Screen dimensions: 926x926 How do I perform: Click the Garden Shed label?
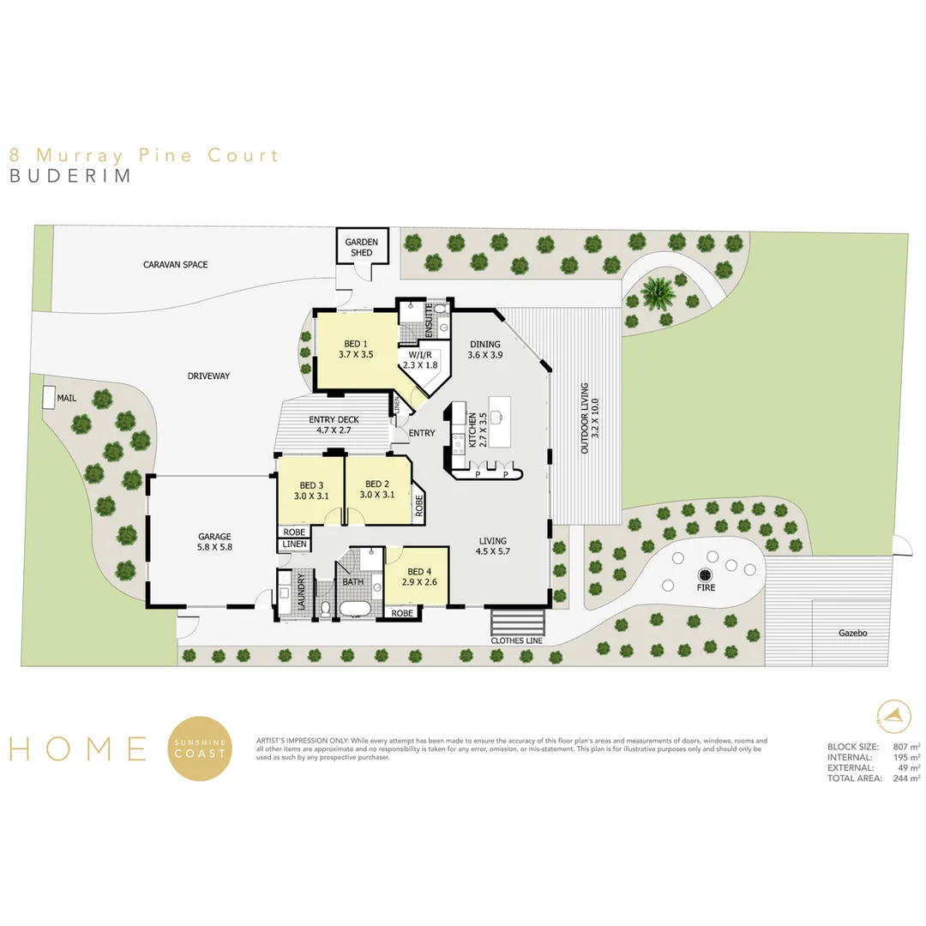point(362,247)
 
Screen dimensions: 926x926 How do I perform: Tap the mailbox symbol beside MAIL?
point(49,397)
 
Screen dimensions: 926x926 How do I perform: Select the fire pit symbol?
point(705,574)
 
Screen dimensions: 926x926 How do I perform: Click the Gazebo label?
point(853,633)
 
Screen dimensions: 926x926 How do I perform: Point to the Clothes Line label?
point(517,640)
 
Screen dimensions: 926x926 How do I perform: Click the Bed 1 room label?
point(356,349)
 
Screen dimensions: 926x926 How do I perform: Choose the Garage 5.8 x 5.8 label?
point(214,542)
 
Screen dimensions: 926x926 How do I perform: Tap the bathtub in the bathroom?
point(354,609)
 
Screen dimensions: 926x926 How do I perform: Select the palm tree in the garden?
point(658,292)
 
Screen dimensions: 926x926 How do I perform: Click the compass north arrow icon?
point(893,714)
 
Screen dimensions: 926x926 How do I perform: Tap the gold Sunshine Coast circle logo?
point(200,749)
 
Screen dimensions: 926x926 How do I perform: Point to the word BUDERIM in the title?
point(70,176)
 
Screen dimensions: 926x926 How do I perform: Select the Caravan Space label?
point(176,265)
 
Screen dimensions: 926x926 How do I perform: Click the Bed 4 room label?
point(419,576)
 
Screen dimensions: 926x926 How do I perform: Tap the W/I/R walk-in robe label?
point(420,359)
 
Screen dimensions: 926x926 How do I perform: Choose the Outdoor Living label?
point(590,418)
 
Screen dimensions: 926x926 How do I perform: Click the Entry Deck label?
point(334,424)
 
